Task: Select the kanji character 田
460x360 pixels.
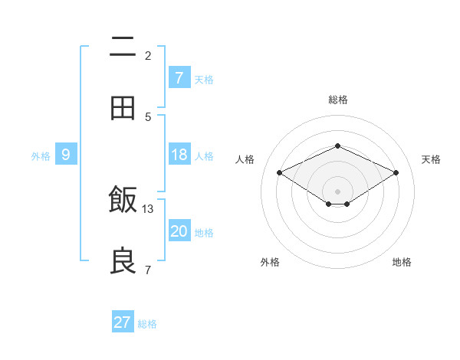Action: (123, 108)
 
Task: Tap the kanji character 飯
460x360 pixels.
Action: (123, 200)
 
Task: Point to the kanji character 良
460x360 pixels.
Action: (123, 260)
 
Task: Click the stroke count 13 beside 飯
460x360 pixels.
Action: (148, 208)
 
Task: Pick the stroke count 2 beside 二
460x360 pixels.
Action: (148, 55)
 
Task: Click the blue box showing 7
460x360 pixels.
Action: (179, 77)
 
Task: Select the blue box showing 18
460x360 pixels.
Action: (179, 155)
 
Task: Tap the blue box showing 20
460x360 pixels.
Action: (179, 231)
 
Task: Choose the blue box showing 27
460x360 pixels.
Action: (123, 322)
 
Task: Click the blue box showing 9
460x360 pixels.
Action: (66, 155)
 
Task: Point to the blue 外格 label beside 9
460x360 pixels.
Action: (41, 155)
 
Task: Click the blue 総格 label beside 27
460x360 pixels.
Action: (147, 324)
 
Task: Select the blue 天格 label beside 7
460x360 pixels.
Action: (204, 79)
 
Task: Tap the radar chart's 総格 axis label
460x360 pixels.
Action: (337, 100)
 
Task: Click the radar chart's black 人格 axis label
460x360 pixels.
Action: (245, 159)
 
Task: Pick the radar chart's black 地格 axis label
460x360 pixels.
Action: (402, 263)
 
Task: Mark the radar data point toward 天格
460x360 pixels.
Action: (396, 173)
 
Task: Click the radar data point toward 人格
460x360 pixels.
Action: (280, 173)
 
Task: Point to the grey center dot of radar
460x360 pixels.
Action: (337, 191)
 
